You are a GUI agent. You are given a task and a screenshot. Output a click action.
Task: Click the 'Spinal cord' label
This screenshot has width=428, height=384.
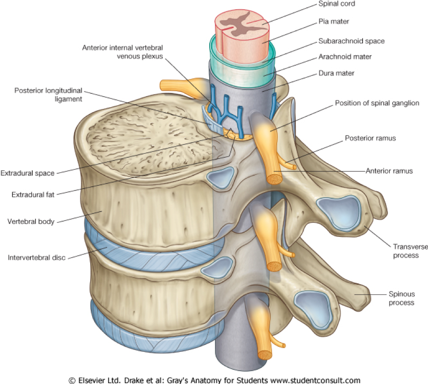tap(337, 4)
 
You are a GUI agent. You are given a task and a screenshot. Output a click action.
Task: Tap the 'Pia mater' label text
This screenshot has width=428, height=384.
tap(334, 22)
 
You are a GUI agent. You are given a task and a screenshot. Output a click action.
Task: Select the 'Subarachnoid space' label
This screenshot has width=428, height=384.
tap(351, 41)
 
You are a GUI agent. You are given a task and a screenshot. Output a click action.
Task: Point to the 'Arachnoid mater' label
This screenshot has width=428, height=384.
tap(345, 57)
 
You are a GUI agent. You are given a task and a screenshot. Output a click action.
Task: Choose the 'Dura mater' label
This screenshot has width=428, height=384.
tap(336, 73)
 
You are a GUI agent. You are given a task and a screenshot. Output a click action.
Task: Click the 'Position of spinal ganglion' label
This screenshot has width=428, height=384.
tap(377, 103)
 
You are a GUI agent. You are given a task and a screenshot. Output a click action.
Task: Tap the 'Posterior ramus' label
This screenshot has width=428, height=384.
tap(370, 138)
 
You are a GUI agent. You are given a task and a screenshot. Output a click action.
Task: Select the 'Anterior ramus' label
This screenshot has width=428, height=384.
tap(389, 171)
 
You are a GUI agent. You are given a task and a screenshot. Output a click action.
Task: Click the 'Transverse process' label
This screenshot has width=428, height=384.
tap(410, 251)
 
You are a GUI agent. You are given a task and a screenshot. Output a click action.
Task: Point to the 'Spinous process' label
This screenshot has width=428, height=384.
tap(401, 298)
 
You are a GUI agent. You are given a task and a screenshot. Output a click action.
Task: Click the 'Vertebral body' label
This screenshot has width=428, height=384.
tap(31, 221)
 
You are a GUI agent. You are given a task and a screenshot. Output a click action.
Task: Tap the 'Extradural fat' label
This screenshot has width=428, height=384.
tap(33, 195)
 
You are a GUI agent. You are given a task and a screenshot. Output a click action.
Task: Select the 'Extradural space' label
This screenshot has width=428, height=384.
tap(27, 173)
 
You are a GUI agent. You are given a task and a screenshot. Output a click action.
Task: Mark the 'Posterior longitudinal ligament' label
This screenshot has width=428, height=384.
tap(48, 94)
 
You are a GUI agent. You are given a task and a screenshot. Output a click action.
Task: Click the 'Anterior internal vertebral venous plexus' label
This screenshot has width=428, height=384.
tap(122, 52)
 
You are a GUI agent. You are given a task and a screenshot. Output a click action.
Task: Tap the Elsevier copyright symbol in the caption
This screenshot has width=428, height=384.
tap(71, 380)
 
